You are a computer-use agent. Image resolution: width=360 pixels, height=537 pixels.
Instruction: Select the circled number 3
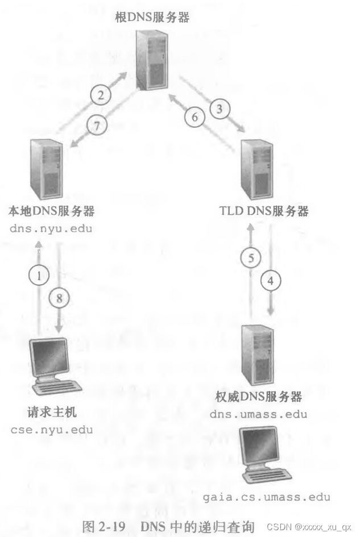220,106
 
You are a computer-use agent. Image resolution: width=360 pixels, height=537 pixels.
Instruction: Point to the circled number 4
271,280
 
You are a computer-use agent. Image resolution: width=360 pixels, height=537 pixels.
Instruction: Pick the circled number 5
251,258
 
